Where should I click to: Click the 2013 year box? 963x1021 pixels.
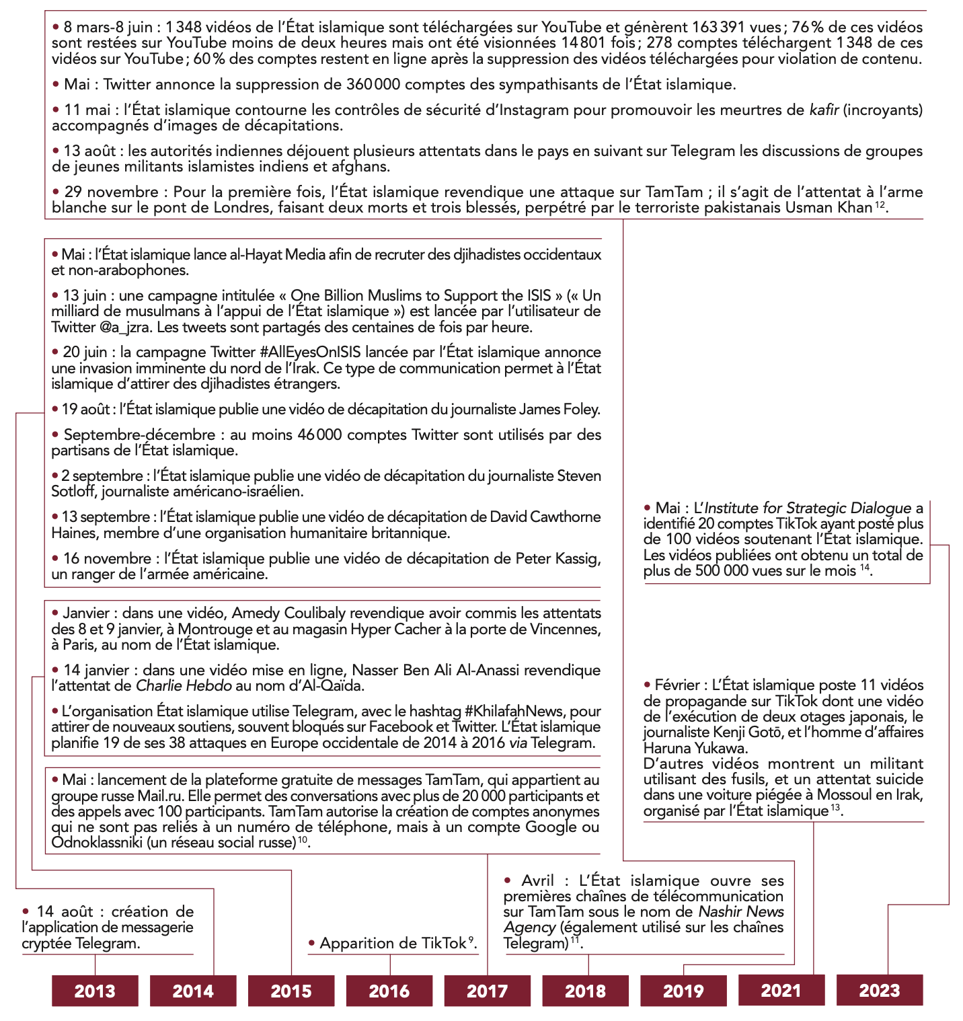pyautogui.click(x=95, y=991)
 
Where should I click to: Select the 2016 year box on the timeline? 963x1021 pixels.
pyautogui.click(x=389, y=991)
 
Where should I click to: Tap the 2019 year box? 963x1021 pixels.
pyautogui.click(x=683, y=991)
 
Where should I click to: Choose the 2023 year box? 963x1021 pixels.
pyautogui.click(x=879, y=990)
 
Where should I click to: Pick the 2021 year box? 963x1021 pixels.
pyautogui.click(x=781, y=990)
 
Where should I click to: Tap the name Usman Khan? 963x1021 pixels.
pyautogui.click(x=828, y=207)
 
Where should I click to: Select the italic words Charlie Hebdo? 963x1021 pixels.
pyautogui.click(x=184, y=686)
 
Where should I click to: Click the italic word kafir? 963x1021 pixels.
pyautogui.click(x=824, y=110)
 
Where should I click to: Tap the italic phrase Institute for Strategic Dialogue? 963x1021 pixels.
pyautogui.click(x=807, y=508)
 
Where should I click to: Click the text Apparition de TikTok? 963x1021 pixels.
pyautogui.click(x=393, y=943)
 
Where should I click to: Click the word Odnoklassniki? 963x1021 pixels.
pyautogui.click(x=97, y=843)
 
